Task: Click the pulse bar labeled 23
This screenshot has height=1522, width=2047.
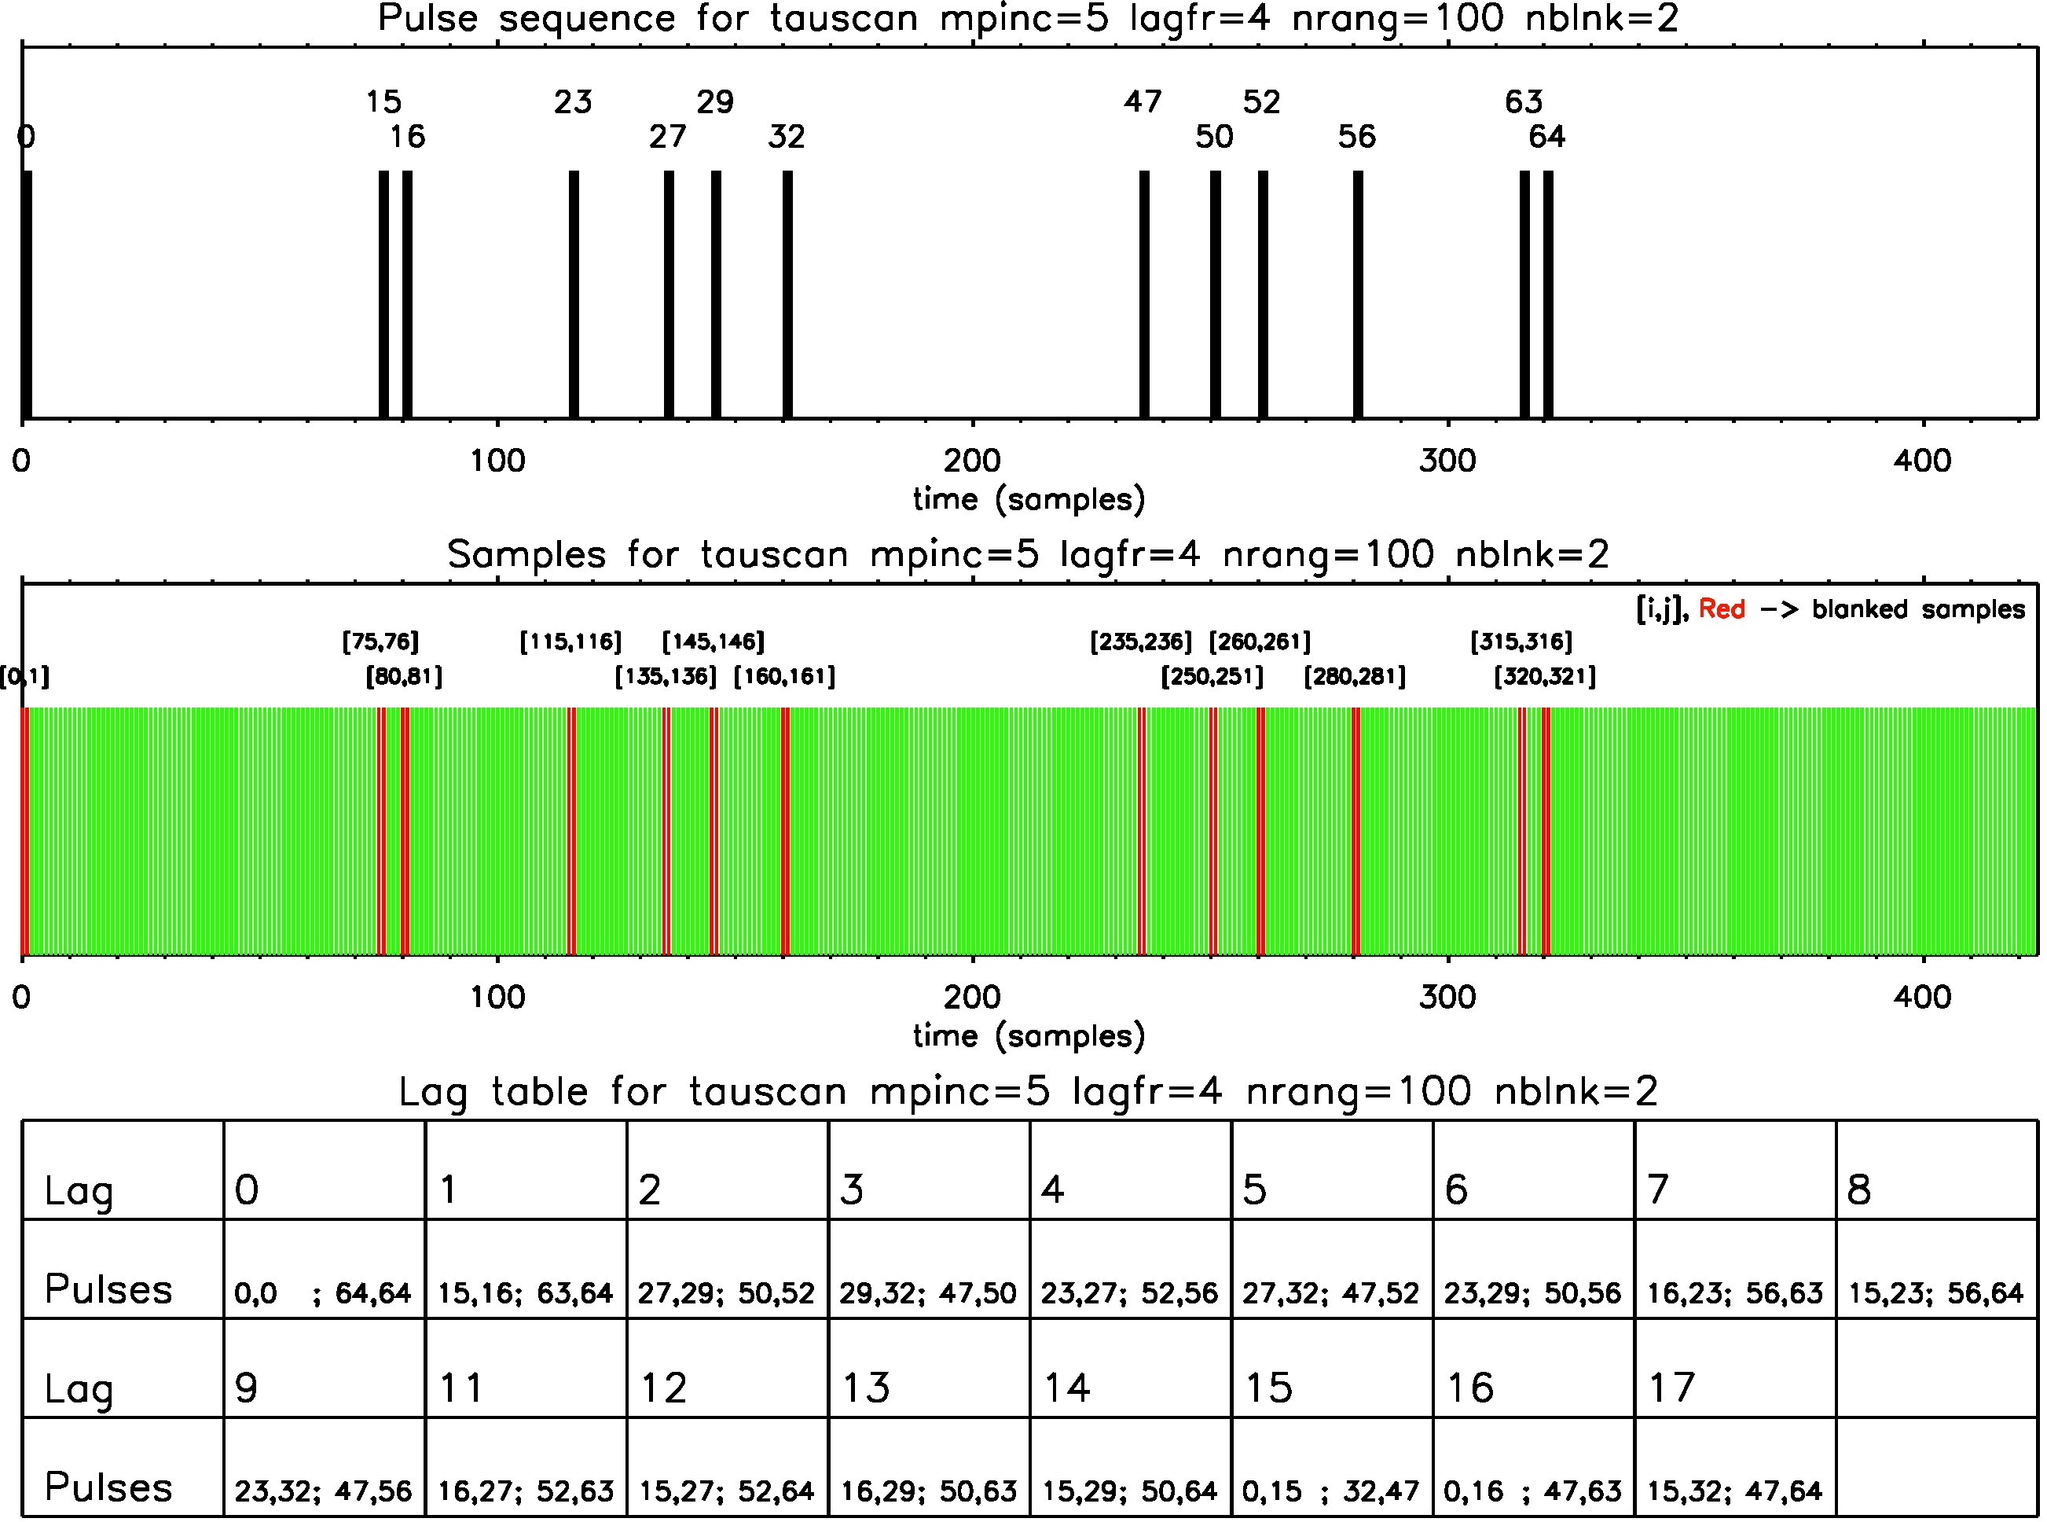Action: [x=574, y=295]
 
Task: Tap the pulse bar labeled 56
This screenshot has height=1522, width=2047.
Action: [x=1357, y=295]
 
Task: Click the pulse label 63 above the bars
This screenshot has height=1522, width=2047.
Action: [x=1523, y=101]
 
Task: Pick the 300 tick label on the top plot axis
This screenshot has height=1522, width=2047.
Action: [x=1447, y=461]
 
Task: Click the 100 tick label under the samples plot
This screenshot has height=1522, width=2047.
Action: [x=497, y=997]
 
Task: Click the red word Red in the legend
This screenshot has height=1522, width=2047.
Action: [x=1721, y=609]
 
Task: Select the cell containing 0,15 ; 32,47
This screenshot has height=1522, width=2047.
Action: [x=1330, y=1490]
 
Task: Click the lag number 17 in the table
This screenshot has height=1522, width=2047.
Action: [x=1671, y=1388]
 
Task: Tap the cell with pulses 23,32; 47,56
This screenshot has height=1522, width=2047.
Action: [x=323, y=1490]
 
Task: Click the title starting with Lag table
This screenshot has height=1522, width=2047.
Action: [x=1028, y=1092]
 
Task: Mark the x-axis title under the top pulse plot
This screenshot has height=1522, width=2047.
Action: [x=1029, y=499]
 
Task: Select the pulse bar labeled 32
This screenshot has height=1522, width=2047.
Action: [x=787, y=295]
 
